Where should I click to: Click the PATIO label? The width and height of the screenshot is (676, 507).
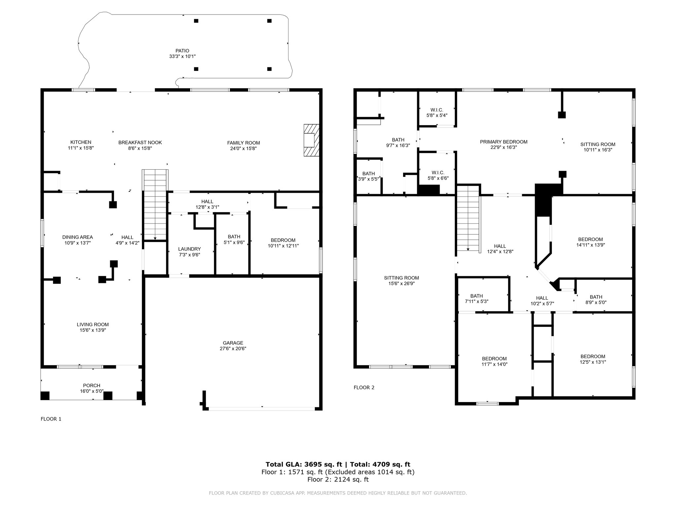click(x=182, y=51)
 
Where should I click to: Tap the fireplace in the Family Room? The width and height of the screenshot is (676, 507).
click(x=312, y=140)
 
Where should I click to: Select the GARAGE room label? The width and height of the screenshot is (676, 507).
click(x=233, y=343)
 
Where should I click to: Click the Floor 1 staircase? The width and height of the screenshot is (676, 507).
click(x=155, y=205)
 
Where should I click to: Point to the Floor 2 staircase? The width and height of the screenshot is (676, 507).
click(x=468, y=218)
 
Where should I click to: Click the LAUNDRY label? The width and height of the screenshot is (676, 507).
click(x=189, y=249)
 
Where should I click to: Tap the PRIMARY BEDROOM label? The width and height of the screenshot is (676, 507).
click(x=504, y=142)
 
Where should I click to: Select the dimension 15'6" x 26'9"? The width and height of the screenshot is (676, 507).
click(x=402, y=284)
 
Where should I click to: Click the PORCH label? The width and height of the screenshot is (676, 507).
click(x=92, y=386)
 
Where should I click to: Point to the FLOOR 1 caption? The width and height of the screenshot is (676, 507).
click(x=51, y=419)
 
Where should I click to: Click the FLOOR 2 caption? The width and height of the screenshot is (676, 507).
click(x=364, y=388)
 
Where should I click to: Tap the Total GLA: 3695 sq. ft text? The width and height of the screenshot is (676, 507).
click(x=304, y=464)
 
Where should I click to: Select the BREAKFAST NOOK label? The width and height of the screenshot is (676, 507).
click(x=140, y=143)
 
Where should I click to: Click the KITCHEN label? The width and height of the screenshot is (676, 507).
click(x=81, y=142)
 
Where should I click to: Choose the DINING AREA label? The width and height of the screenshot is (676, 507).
click(x=78, y=237)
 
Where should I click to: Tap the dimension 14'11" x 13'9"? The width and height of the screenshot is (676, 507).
click(x=591, y=245)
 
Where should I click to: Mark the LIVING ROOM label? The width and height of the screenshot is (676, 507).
click(x=93, y=324)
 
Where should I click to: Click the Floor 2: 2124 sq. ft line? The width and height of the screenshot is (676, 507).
click(x=338, y=479)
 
